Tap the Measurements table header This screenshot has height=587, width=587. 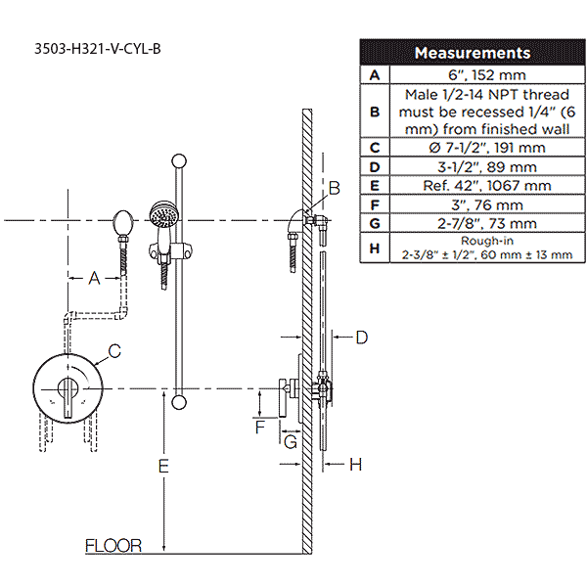point(472,53)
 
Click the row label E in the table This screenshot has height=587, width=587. point(374,186)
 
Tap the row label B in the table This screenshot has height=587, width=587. point(374,111)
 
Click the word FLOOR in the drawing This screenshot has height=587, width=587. point(113,546)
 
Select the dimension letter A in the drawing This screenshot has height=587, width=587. point(94,278)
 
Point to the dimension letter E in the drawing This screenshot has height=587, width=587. point(163,467)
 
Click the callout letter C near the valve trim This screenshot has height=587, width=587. point(113,350)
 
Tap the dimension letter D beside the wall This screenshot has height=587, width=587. point(360,338)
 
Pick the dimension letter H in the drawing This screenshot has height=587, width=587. point(355,465)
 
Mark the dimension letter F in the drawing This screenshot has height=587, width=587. point(260,427)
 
